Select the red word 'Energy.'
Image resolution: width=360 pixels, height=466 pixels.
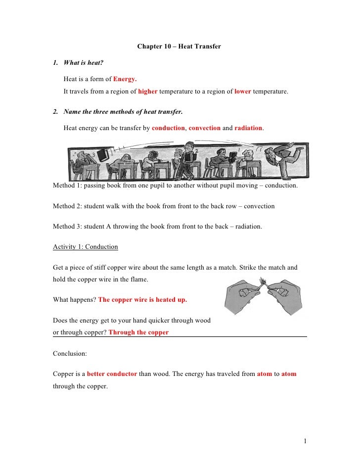125,79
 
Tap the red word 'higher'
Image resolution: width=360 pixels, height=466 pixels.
147,92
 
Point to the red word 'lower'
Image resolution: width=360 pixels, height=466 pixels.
242,92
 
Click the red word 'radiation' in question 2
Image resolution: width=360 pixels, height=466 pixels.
249,128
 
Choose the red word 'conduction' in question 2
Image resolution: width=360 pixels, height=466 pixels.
168,128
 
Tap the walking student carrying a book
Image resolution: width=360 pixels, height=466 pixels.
186,161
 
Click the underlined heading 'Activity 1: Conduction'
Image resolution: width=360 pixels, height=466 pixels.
85,246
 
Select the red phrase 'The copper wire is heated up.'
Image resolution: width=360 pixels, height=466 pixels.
142,300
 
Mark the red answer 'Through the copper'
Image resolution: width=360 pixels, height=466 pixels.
138,332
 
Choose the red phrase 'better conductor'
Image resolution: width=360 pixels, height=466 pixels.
112,374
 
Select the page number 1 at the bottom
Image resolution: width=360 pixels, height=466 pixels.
306,440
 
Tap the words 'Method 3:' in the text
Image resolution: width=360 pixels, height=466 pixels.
67,226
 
